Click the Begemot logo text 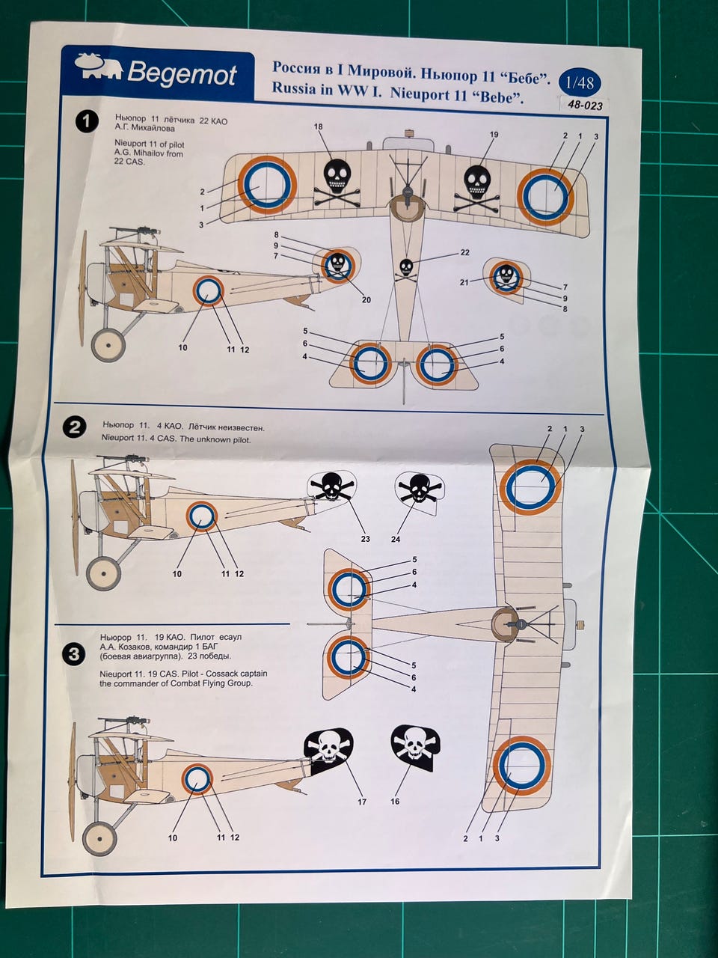pos(181,73)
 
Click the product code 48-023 pos(584,106)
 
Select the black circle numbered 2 pos(74,427)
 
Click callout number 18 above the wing pos(319,127)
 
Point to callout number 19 pos(494,135)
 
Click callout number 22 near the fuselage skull pos(464,253)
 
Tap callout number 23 pos(365,539)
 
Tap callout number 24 pos(396,539)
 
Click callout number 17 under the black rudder pos(362,802)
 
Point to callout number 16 pos(395,802)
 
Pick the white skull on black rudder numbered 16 pos(414,745)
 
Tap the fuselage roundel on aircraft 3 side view pos(197,779)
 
